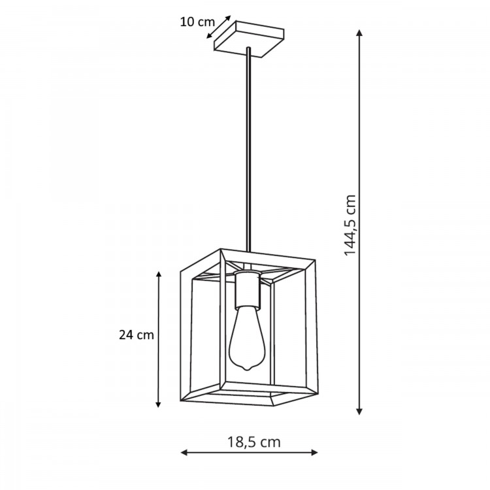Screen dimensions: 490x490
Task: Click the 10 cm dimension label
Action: pos(193,21)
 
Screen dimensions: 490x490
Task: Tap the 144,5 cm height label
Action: pos(351,224)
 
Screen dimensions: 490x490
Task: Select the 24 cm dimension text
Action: pos(137,335)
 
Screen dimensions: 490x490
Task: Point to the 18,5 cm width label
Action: pos(254,442)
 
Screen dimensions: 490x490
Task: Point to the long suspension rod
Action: pos(248,150)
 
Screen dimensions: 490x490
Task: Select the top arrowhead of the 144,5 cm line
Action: pos(359,33)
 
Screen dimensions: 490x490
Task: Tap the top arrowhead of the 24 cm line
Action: pos(158,274)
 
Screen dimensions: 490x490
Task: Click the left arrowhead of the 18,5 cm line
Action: pos(184,452)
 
